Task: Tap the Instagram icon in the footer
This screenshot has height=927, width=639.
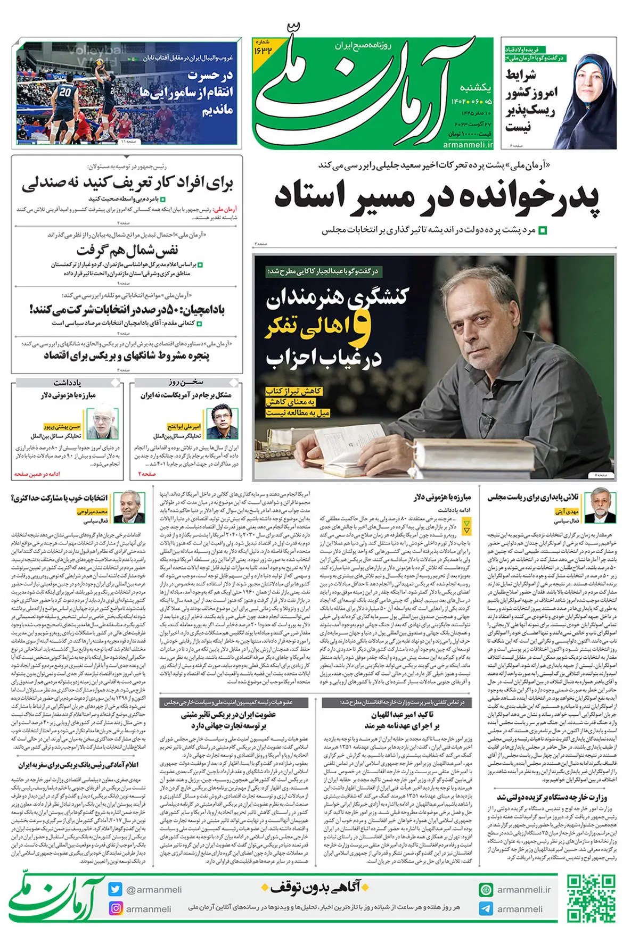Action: point(116,908)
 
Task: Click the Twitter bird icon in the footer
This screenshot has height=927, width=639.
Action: point(116,889)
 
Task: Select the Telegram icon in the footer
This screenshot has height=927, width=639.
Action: point(486,908)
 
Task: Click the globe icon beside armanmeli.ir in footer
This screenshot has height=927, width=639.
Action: point(486,889)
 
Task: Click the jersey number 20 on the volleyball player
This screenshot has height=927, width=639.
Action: point(65,92)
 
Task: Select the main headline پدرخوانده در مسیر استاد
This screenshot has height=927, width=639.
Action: point(437,197)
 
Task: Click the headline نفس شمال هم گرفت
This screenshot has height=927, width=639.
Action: point(127,250)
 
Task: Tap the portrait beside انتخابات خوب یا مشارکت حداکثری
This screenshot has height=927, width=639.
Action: point(133,507)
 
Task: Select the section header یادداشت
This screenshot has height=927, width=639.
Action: point(67,382)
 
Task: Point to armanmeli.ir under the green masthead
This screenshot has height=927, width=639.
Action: point(468,144)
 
